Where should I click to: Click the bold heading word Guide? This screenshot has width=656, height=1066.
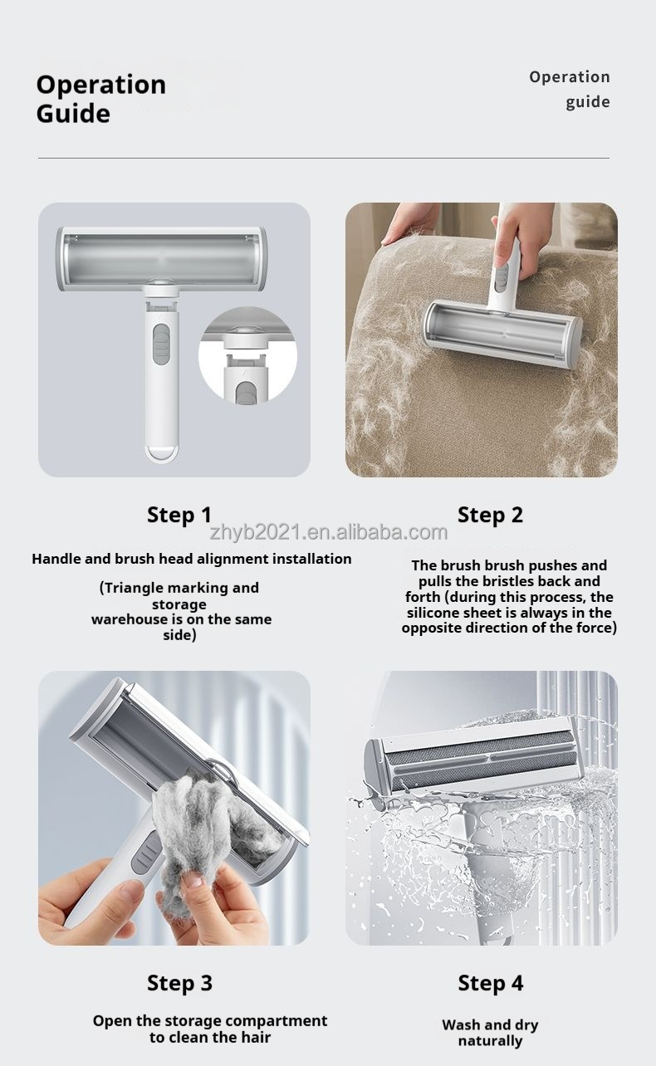(73, 115)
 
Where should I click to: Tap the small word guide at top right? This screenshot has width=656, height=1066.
(587, 102)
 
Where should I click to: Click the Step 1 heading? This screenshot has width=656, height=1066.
(179, 515)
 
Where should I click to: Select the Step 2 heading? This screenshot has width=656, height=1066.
(490, 515)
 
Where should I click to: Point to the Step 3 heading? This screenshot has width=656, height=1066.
(179, 983)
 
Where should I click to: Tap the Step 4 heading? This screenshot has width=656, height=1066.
(490, 983)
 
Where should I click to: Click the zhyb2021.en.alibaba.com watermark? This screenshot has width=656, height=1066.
(329, 532)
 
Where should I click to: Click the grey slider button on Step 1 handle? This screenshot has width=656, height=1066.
(162, 345)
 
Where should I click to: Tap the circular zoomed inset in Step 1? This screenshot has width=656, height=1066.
(247, 355)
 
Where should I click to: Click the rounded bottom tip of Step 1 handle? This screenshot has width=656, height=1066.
(162, 453)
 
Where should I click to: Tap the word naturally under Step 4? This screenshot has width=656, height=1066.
(490, 1042)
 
